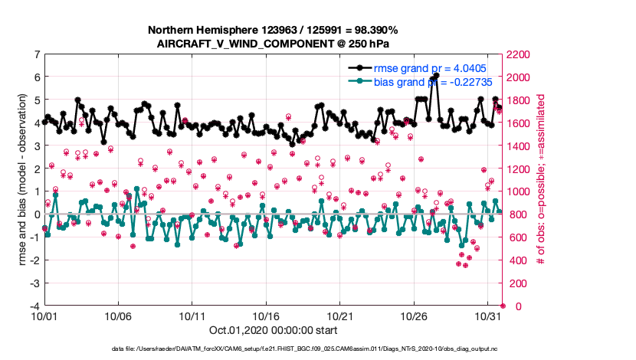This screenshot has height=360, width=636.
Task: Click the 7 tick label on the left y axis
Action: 37,54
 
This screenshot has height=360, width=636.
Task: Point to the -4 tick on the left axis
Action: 34,306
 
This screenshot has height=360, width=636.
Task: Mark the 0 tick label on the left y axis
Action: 37,214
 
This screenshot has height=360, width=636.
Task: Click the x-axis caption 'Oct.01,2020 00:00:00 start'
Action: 273,331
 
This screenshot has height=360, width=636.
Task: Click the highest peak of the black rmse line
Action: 436,75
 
